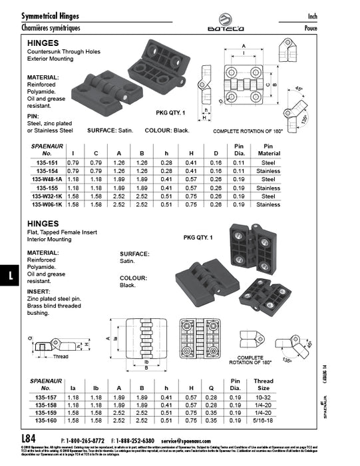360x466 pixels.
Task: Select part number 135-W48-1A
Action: click(x=46, y=179)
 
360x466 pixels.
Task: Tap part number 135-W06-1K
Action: click(x=46, y=204)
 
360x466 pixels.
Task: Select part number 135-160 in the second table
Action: click(x=46, y=421)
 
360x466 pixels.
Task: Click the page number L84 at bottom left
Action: click(x=29, y=439)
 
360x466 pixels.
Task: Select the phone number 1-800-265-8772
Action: click(x=87, y=441)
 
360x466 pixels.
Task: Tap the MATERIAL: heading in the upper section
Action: click(x=43, y=77)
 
